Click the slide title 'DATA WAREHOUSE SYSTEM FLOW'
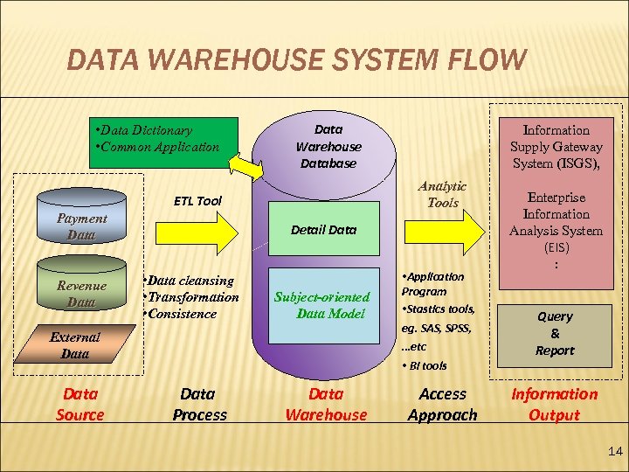coord(297,61)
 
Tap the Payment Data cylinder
coord(81,226)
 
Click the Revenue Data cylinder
coord(81,294)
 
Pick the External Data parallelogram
coord(75,345)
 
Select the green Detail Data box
coord(323,230)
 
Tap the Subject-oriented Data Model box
coord(323,305)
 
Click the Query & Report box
coord(555,333)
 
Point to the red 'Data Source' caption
coord(80,404)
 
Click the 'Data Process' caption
coord(199,404)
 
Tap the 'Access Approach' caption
coord(442,404)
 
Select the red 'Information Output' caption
coord(555,404)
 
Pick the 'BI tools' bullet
coord(425,365)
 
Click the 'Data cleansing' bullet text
coord(190,281)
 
